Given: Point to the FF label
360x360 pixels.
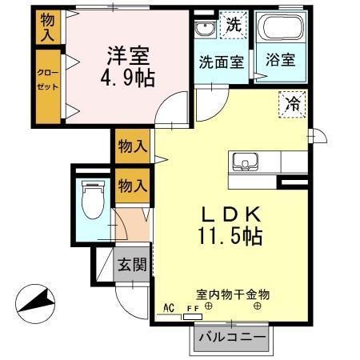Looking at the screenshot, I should [193, 309].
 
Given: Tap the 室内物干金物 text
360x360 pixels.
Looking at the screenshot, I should [232, 294].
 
